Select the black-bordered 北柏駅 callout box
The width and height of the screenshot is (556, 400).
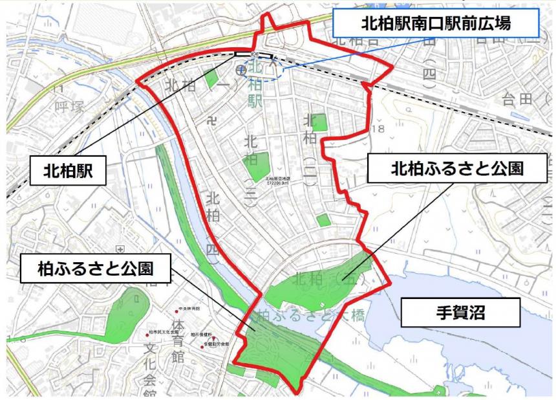coord(68,171)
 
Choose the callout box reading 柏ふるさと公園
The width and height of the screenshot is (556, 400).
coord(96,267)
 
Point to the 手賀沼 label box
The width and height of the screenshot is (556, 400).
coord(460,313)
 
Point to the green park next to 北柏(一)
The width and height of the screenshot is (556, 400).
coord(211,78)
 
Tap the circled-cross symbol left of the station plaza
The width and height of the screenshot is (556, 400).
coord(241,69)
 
